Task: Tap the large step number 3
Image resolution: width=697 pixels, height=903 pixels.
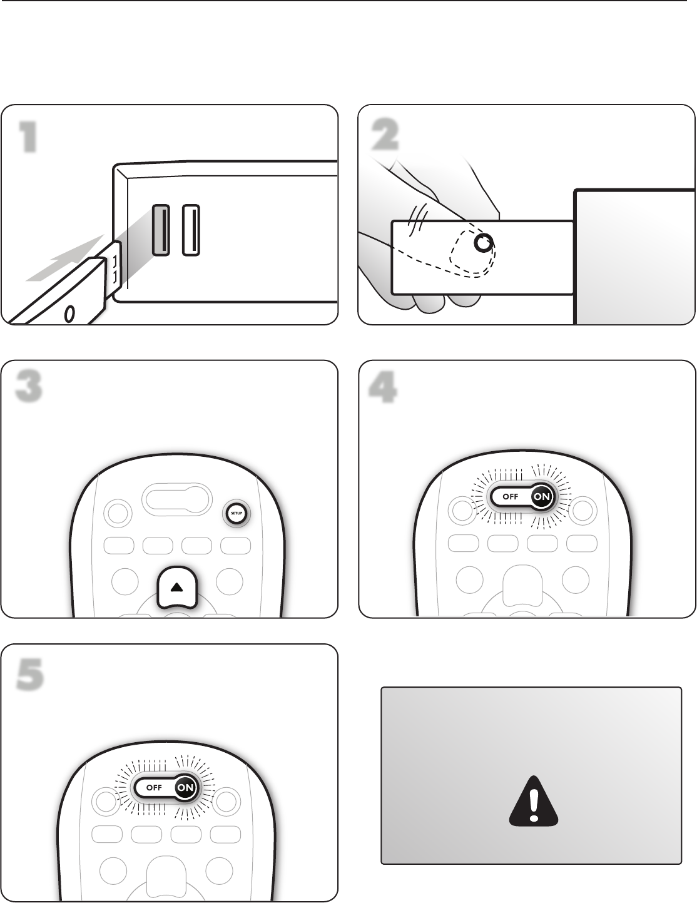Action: click(28, 387)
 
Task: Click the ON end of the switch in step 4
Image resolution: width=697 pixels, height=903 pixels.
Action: click(542, 497)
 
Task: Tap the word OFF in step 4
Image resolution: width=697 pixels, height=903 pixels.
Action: click(510, 497)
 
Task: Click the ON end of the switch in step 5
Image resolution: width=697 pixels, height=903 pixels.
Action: click(185, 787)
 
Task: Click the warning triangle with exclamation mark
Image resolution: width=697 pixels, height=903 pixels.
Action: click(532, 800)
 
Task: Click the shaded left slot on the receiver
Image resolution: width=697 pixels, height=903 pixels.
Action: click(161, 230)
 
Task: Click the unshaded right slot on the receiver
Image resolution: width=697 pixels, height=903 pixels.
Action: click(191, 230)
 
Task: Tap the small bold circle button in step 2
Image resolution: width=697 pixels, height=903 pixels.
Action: click(482, 243)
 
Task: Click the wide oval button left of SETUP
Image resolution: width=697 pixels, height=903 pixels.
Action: click(177, 499)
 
